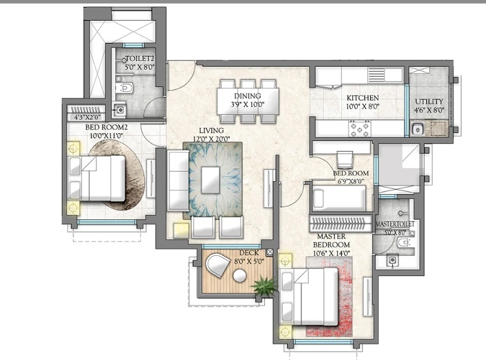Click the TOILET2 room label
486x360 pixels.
[140, 58]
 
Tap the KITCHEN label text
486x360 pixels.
[362, 98]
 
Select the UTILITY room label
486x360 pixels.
[429, 102]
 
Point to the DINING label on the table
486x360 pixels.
[247, 96]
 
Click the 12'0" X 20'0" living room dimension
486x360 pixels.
[211, 139]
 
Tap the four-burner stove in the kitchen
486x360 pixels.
[360, 129]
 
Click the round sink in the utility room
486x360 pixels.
[417, 128]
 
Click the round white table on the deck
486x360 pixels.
[239, 276]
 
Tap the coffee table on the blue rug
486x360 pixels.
[210, 180]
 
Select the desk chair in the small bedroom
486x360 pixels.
[344, 159]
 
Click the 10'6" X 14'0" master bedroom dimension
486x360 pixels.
[331, 253]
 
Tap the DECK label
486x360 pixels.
[249, 253]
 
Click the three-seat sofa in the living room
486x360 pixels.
[178, 181]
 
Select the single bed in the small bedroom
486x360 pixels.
[340, 199]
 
